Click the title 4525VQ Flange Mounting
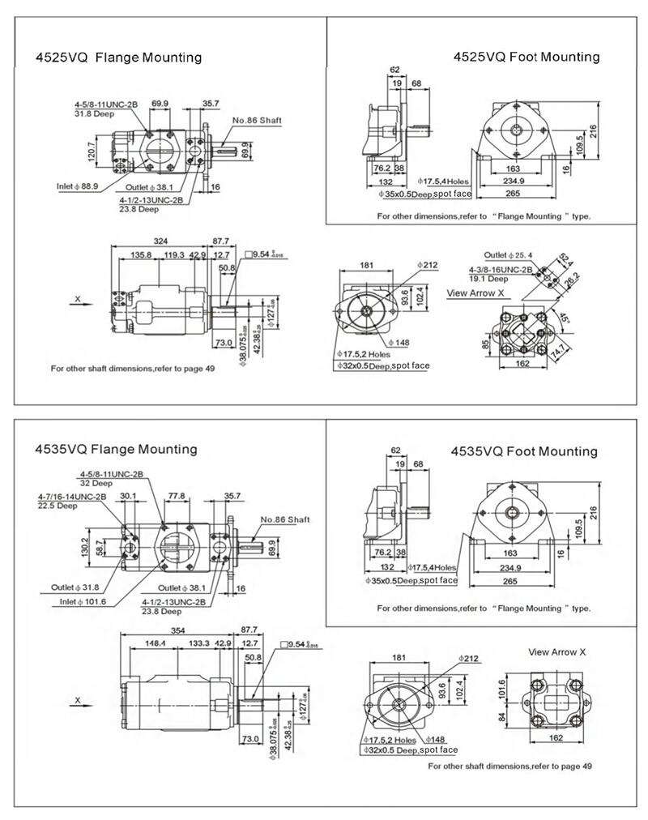click(118, 58)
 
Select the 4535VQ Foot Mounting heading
click(523, 451)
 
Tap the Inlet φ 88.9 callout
click(77, 186)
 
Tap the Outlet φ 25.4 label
click(509, 255)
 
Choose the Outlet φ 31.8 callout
click(75, 588)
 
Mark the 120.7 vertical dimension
click(92, 150)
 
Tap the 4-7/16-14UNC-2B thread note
click(72, 496)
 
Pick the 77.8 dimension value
click(176, 496)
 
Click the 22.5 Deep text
click(57, 505)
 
